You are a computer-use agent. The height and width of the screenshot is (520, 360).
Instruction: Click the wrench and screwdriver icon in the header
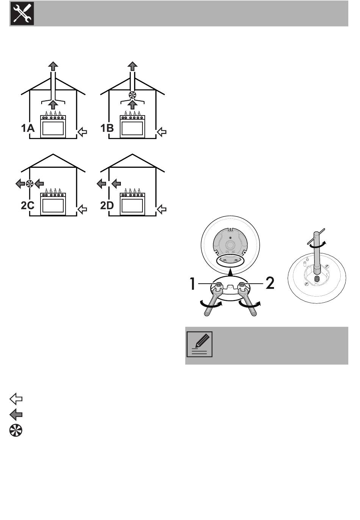click(22, 13)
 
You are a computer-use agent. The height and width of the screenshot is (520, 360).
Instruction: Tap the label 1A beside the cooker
click(28, 129)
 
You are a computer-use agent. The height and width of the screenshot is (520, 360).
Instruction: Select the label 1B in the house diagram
click(107, 129)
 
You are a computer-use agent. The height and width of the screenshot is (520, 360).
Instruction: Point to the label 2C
click(28, 206)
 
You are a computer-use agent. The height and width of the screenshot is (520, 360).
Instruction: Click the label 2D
click(107, 206)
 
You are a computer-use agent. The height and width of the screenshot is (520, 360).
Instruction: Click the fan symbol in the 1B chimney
click(132, 95)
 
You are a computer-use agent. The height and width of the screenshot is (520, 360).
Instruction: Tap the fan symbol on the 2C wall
click(30, 184)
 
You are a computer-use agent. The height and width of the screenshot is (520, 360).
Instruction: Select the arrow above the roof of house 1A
click(53, 66)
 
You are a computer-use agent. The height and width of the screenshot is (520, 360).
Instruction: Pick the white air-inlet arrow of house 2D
click(162, 209)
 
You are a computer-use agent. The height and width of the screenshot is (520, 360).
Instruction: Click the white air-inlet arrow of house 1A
click(82, 132)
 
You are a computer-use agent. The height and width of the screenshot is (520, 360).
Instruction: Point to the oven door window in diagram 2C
click(53, 206)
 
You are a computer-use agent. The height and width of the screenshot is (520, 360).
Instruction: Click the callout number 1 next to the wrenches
click(193, 283)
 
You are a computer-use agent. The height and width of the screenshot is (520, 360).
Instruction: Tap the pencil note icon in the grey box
click(200, 344)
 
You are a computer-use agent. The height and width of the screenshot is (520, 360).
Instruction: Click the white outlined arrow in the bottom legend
click(16, 398)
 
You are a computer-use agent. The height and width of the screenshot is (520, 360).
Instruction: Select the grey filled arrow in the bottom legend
click(16, 415)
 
